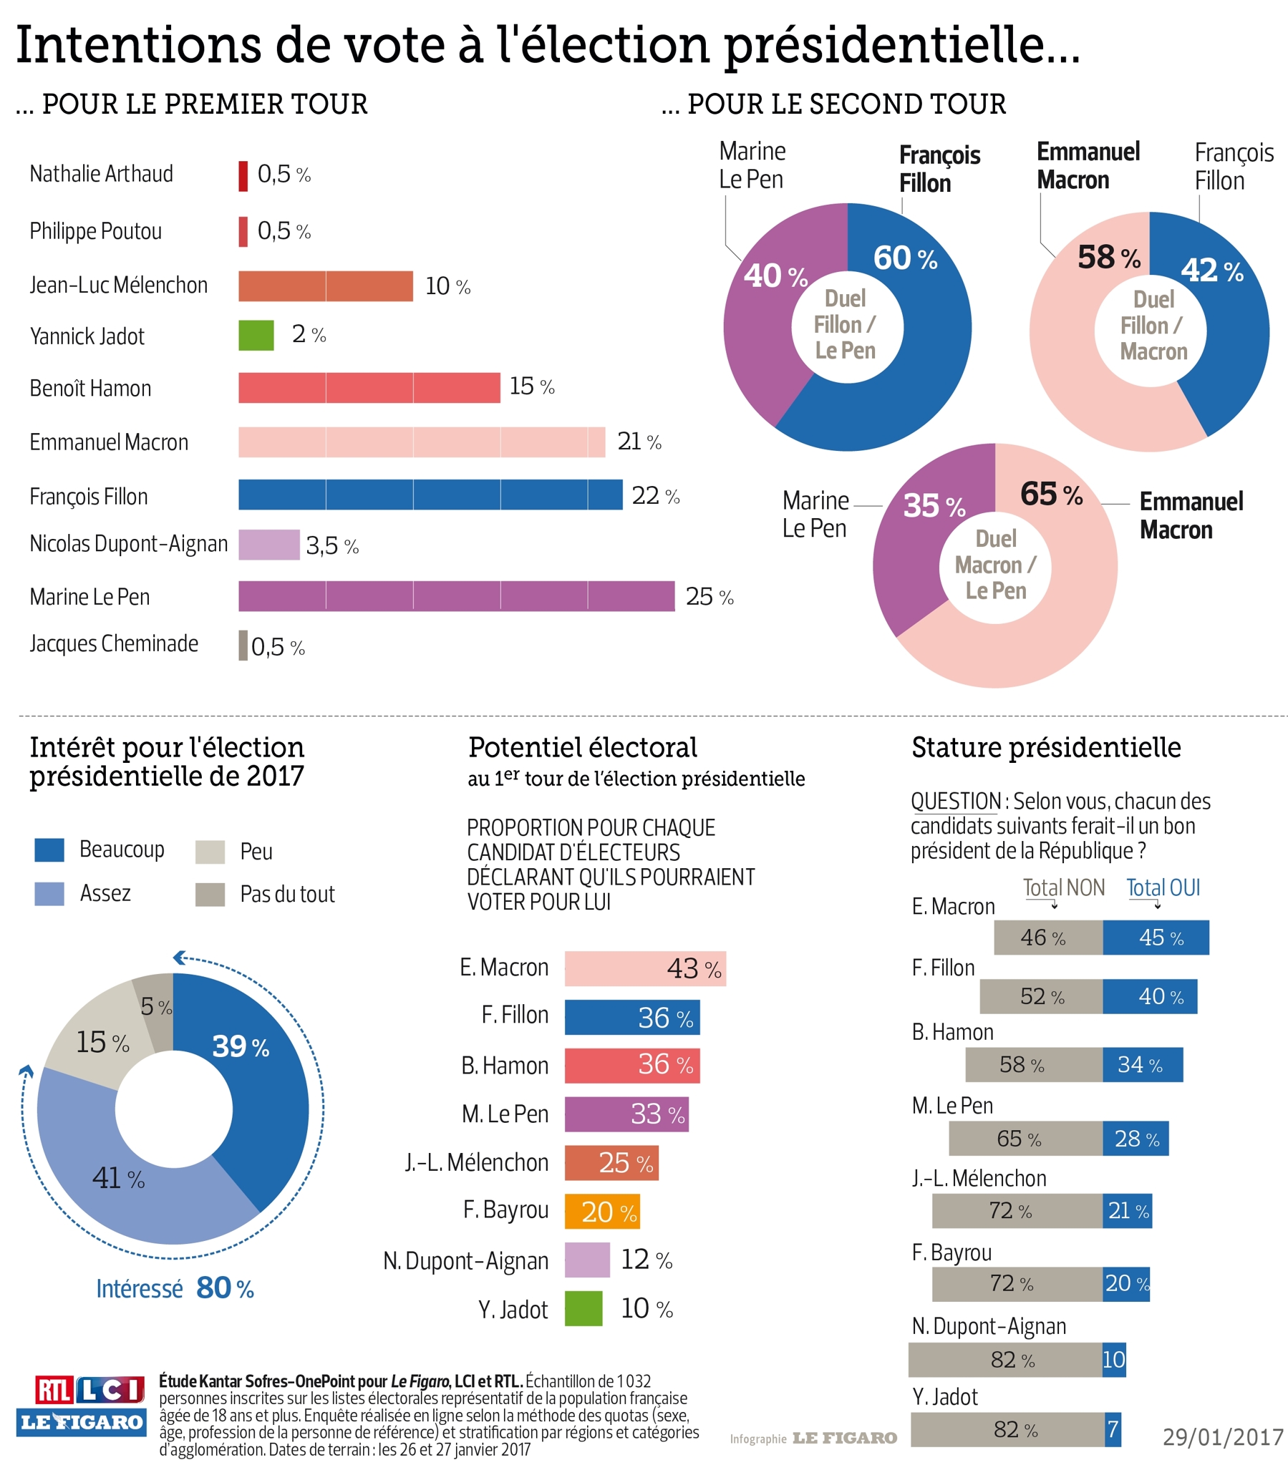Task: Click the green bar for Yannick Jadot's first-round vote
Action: click(x=256, y=335)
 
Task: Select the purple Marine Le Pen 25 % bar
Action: click(x=456, y=596)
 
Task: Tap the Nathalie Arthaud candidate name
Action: click(x=101, y=174)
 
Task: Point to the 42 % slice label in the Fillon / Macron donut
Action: click(x=1211, y=270)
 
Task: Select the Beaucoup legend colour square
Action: click(x=49, y=850)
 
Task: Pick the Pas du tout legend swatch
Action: click(x=210, y=894)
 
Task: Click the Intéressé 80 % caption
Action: click(x=175, y=1288)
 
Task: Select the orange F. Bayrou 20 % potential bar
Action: click(x=601, y=1212)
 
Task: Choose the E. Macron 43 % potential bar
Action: click(x=644, y=968)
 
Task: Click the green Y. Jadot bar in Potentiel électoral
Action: click(x=583, y=1308)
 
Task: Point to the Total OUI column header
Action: click(x=1163, y=887)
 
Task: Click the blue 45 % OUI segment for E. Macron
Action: click(x=1155, y=938)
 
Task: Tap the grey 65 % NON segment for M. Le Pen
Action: click(x=1025, y=1138)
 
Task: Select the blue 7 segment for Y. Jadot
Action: click(x=1113, y=1429)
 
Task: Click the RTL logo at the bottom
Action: click(x=54, y=1390)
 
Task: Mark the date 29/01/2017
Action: click(x=1222, y=1436)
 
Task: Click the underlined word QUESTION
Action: click(x=955, y=801)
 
